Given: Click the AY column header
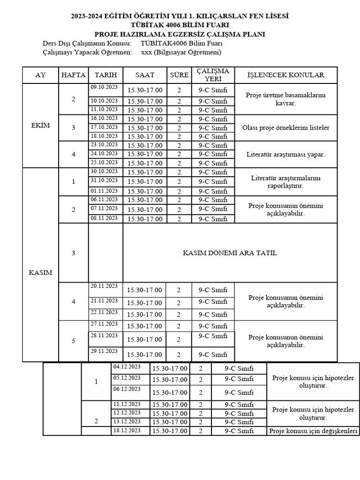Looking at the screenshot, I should point(40,75).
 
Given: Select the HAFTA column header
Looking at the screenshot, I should point(73,75).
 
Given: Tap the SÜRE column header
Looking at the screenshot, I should point(179,75).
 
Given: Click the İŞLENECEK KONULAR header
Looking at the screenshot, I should point(285,75).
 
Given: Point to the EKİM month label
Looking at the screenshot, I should point(40,126).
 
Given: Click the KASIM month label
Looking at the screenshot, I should point(40,272).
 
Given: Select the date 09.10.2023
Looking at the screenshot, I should point(104,87).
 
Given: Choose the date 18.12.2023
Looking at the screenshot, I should point(127,430).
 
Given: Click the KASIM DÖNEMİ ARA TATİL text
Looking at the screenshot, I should point(230,253).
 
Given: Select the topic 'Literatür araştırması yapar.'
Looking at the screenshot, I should point(285,154).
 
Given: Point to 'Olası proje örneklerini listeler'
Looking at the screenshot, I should point(285,127).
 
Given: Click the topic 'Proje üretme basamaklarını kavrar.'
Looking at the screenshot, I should point(285,99).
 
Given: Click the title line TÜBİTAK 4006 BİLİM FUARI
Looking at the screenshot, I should point(180,25).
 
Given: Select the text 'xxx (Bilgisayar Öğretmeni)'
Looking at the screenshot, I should point(181,52).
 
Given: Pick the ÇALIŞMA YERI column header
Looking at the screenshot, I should point(213,75).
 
